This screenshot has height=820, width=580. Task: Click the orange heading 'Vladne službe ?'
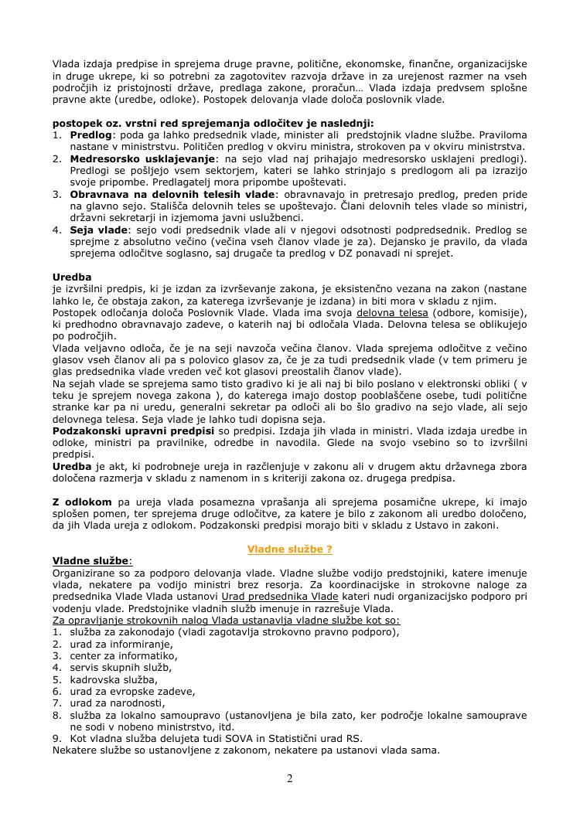289,550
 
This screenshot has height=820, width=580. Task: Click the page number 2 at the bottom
290,778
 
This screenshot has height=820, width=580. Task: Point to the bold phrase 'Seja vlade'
98,230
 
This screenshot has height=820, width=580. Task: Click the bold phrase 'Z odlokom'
82,502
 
